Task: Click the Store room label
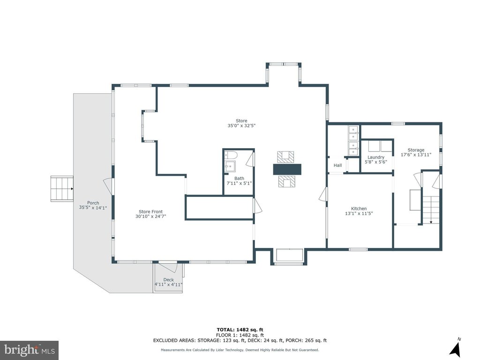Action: [241, 120]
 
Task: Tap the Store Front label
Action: [150, 211]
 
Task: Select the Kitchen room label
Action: [359, 209]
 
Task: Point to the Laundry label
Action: [375, 157]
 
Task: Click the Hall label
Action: [337, 165]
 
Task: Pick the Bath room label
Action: [239, 179]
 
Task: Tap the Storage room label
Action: [416, 150]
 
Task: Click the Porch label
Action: [93, 202]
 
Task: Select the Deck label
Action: [168, 279]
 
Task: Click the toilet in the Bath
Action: [230, 155]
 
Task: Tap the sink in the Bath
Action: [230, 167]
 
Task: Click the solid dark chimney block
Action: [287, 169]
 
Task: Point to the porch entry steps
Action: [62, 188]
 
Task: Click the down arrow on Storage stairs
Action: [431, 222]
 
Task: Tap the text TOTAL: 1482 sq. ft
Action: [240, 330]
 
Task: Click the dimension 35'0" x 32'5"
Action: [241, 126]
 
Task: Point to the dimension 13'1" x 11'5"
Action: [359, 213]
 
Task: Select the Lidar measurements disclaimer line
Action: [240, 350]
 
